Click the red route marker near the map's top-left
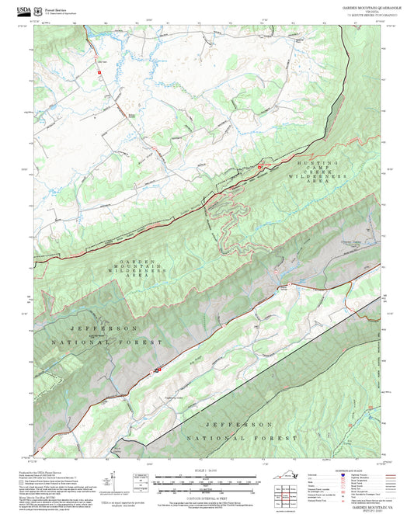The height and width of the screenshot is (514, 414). (99, 71)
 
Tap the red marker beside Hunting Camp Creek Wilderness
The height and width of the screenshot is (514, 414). (259, 167)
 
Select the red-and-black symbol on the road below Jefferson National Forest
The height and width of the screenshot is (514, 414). (157, 370)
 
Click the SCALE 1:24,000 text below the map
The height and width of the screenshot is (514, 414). (206, 471)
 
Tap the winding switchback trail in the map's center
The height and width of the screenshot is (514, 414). (229, 225)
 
